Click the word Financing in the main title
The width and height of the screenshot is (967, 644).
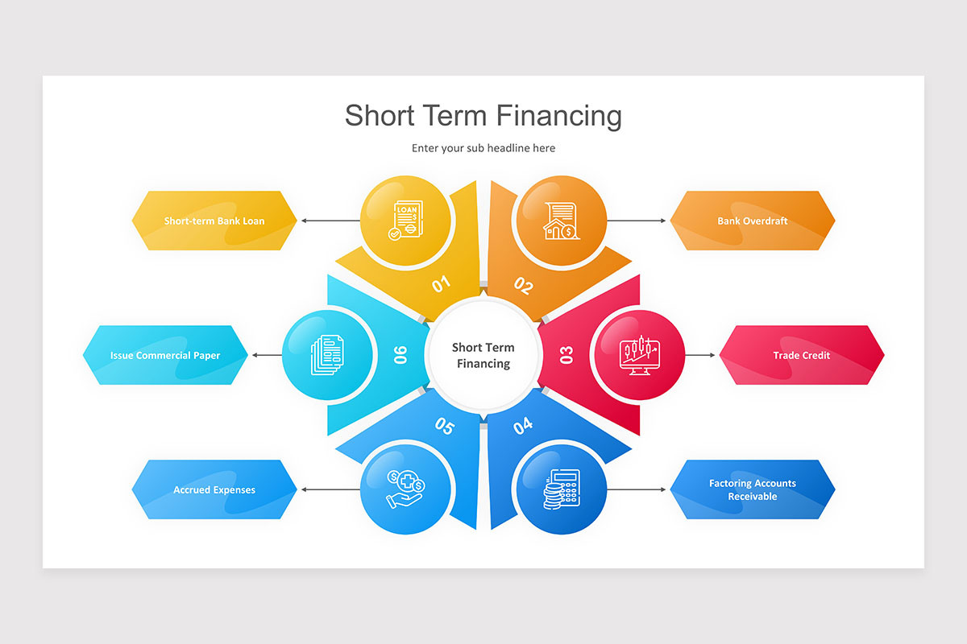tap(558, 116)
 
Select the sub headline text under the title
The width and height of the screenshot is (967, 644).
tap(483, 148)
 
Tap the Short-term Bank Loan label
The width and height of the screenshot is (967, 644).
tap(214, 221)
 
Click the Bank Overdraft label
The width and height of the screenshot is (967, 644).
tap(753, 221)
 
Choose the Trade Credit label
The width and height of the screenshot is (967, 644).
tap(801, 356)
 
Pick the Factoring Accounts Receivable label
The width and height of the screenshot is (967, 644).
tap(753, 489)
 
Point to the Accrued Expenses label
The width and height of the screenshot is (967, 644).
tap(214, 489)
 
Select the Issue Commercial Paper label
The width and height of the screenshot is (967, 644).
tap(165, 356)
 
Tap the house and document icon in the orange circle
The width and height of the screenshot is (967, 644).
tap(561, 221)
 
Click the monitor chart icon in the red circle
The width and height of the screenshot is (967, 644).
tap(639, 355)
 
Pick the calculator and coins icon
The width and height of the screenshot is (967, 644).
tap(561, 489)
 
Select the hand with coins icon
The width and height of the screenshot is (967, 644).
tap(405, 489)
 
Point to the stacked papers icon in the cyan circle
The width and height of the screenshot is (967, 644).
tap(327, 355)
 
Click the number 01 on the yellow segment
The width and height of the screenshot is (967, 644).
tap(441, 284)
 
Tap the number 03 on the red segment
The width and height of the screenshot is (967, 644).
tap(566, 355)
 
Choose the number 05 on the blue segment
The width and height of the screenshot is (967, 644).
tap(444, 426)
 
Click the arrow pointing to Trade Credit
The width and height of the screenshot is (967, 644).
tap(699, 355)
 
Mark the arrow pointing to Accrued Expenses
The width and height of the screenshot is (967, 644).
tap(330, 489)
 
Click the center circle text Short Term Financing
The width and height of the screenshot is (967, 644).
tap(483, 356)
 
